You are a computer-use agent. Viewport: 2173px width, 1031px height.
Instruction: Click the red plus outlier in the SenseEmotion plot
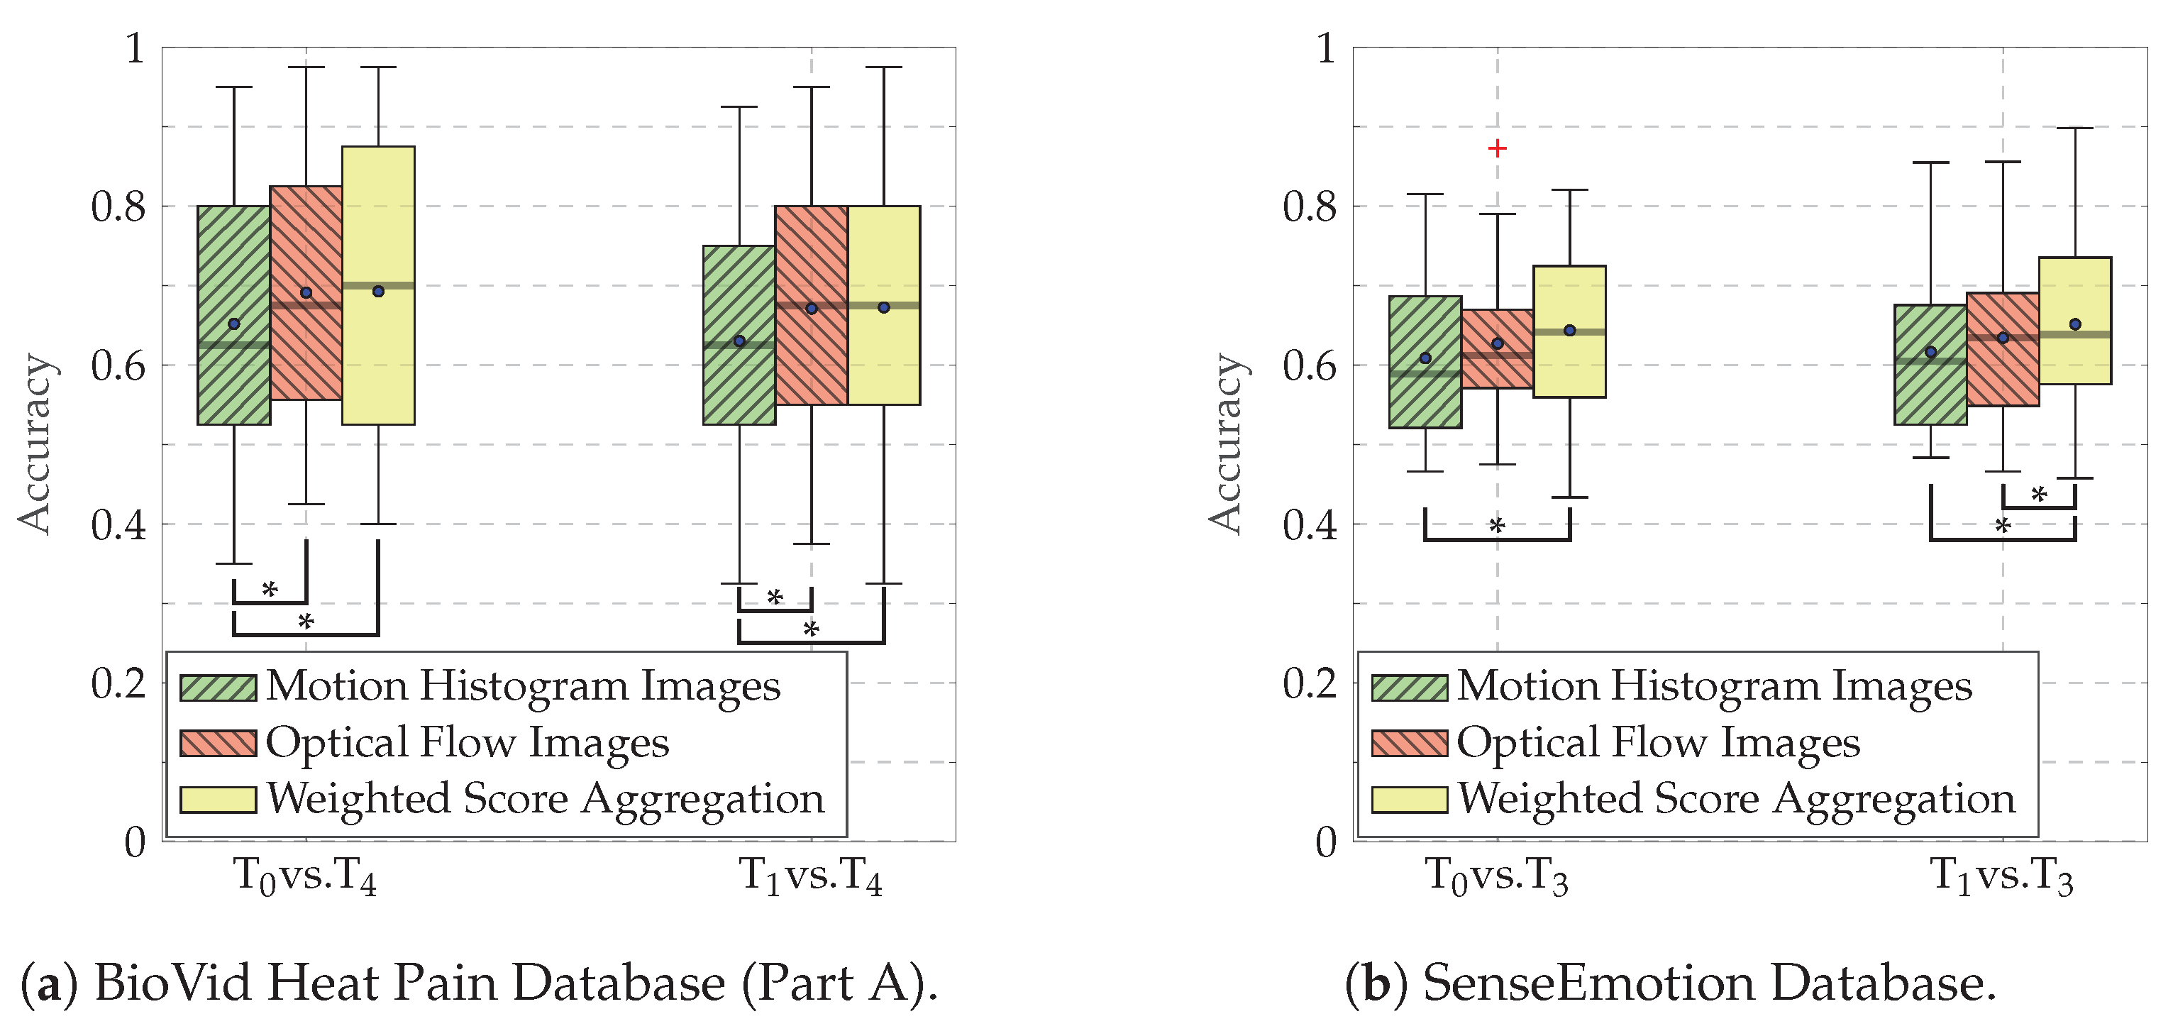(1498, 148)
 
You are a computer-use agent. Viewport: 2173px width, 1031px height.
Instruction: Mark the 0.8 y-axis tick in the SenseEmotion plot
(1309, 206)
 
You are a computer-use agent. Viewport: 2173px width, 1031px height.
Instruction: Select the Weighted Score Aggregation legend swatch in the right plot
(1410, 799)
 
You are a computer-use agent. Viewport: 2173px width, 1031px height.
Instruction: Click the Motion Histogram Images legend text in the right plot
(1715, 686)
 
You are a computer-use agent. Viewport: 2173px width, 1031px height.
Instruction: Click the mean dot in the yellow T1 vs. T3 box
(2075, 324)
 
